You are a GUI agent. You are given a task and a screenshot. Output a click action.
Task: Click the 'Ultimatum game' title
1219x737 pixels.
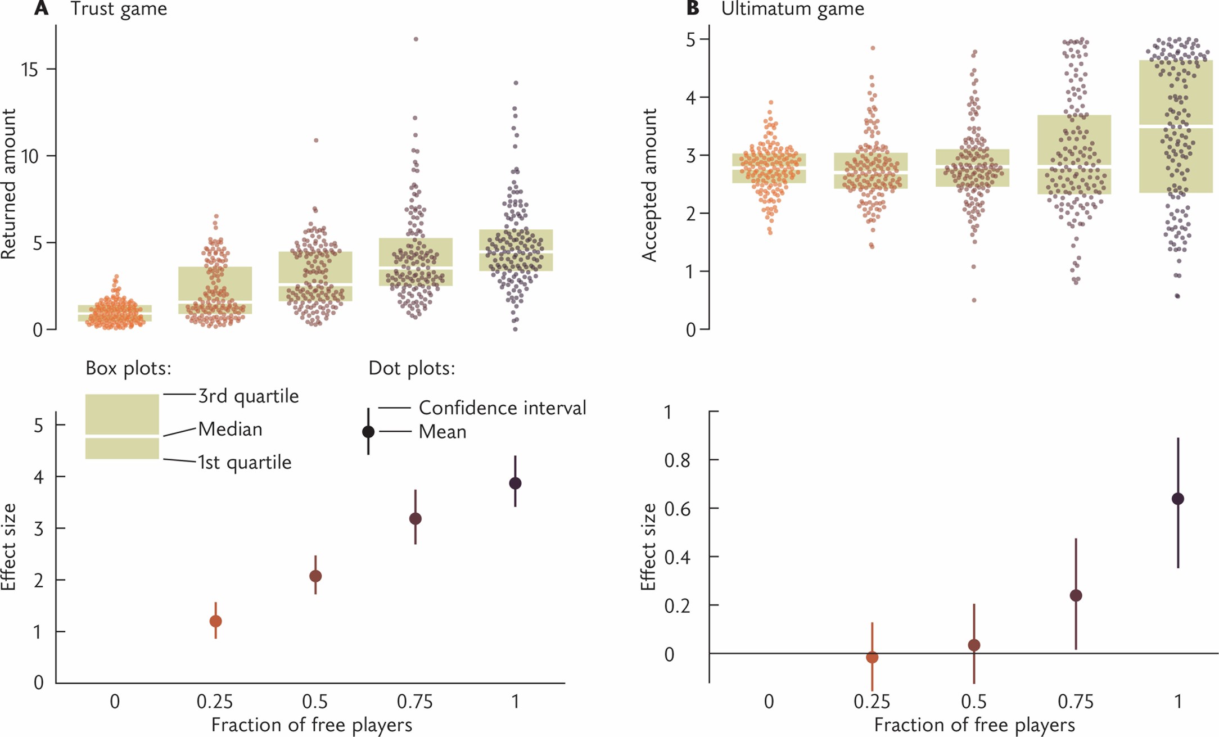(792, 8)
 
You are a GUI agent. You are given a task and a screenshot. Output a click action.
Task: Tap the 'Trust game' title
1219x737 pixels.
(119, 8)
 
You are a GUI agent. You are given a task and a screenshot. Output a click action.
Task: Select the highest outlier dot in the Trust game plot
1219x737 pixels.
(416, 39)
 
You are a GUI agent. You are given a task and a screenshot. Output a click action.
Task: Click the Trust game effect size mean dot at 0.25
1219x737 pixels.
(215, 621)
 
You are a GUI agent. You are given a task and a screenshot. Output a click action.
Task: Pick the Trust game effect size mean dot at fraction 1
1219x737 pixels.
(515, 483)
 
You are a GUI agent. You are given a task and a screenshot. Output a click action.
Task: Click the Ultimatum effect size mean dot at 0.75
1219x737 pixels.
(1076, 596)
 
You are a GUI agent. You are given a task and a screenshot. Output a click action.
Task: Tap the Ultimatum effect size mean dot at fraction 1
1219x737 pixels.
(1178, 499)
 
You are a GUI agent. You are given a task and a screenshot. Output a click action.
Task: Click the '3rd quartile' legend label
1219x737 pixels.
(249, 396)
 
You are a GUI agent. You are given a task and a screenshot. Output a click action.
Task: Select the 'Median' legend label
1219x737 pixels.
(231, 429)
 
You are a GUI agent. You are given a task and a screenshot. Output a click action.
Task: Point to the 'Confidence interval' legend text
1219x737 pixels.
(502, 408)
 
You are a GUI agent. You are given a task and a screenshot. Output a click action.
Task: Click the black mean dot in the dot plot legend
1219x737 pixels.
(368, 432)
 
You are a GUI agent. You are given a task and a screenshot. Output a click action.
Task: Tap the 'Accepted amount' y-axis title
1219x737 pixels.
(649, 186)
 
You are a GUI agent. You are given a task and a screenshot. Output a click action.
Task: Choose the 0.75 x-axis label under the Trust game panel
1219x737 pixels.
(415, 702)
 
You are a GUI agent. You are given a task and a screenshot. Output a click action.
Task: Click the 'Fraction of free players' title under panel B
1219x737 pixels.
(974, 725)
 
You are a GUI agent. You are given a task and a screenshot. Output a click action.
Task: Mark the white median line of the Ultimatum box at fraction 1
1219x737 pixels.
(1176, 127)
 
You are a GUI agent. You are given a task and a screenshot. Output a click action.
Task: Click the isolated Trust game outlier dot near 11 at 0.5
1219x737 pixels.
(316, 141)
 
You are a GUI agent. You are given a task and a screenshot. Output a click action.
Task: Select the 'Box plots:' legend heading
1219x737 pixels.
(128, 368)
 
